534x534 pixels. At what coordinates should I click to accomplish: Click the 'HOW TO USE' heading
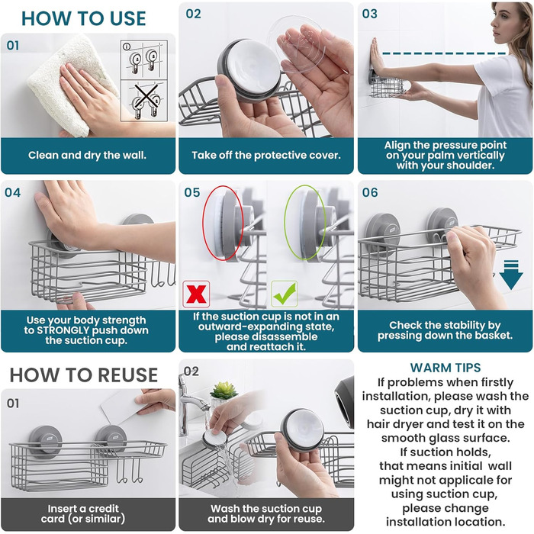coord(83,18)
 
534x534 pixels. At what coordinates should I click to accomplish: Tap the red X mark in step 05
coord(196,294)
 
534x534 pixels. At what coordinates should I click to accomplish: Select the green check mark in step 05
coord(285,294)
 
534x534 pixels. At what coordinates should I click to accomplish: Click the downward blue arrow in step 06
coord(511,275)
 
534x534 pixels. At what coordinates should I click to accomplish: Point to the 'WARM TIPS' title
coord(446,368)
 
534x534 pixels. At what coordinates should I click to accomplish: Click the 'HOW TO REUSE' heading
coord(83,375)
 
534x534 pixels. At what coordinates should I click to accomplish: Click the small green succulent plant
coord(224,391)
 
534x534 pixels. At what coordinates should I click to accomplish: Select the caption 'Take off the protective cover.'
coord(266,156)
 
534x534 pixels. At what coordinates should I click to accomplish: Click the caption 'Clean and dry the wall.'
coord(87,156)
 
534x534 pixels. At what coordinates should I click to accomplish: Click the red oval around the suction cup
coord(223,223)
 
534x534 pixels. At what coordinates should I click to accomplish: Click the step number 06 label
coord(370,192)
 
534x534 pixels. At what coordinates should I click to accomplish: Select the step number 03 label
coord(370,14)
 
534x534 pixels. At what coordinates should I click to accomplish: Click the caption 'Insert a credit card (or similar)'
coord(83,513)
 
